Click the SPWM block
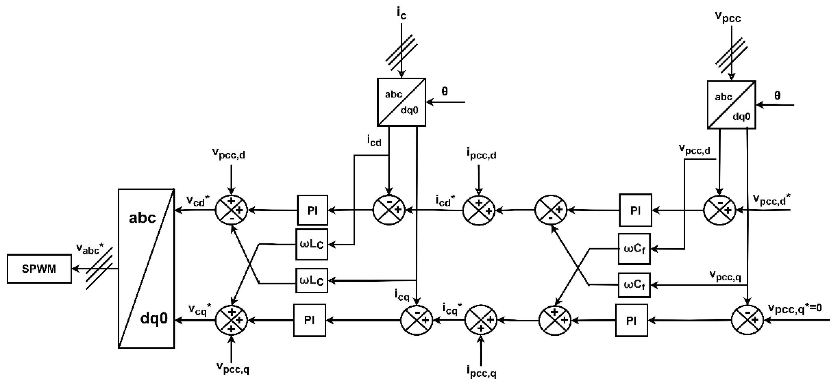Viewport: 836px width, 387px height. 39,269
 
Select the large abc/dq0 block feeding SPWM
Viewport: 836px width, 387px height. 146,268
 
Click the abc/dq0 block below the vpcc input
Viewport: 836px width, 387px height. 731,105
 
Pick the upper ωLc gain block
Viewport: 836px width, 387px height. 312,244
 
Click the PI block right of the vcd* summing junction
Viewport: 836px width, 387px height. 312,210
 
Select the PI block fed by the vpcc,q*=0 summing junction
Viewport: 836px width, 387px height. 631,320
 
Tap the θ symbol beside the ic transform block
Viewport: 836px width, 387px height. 444,91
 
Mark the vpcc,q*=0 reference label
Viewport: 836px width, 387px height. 794,308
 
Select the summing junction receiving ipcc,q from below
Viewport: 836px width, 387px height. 481,320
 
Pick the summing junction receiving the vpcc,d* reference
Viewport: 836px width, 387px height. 720,210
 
